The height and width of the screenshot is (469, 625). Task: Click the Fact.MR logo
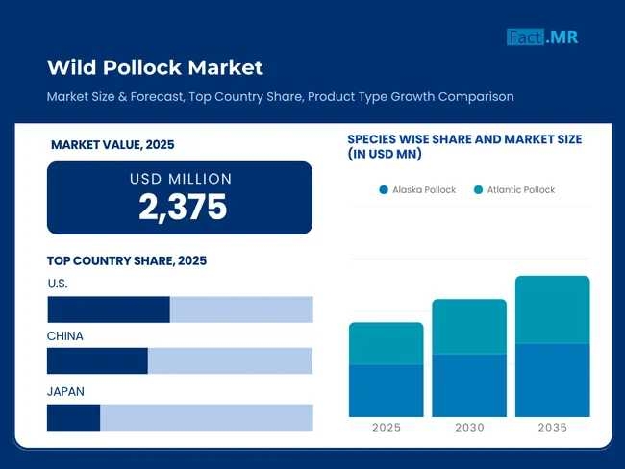point(542,37)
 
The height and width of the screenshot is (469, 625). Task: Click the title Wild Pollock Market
point(155,67)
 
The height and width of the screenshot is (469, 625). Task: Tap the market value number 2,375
point(183,207)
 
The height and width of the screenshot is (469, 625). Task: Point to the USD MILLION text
point(181,179)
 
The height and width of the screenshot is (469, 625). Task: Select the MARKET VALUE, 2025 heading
point(112,145)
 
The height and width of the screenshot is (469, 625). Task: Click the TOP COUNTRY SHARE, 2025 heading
point(127,260)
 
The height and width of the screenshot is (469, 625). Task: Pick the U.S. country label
point(58,284)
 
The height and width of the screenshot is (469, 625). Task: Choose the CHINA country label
point(65,336)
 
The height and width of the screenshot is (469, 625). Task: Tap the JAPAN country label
point(66,391)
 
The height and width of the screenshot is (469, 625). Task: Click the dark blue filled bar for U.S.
point(109,309)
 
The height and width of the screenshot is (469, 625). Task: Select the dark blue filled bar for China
point(97,360)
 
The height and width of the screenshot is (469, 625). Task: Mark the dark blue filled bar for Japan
point(74,417)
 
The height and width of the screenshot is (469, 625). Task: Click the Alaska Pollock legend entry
point(417,189)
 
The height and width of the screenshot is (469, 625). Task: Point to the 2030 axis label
point(469,428)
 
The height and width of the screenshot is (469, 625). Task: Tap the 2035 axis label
point(553,428)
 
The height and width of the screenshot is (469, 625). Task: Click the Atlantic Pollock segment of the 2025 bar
point(386,343)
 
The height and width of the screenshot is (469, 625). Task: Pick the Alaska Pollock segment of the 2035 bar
point(553,380)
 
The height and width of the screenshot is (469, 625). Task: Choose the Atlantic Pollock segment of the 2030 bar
point(469,327)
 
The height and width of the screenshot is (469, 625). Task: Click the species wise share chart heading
point(464,146)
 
